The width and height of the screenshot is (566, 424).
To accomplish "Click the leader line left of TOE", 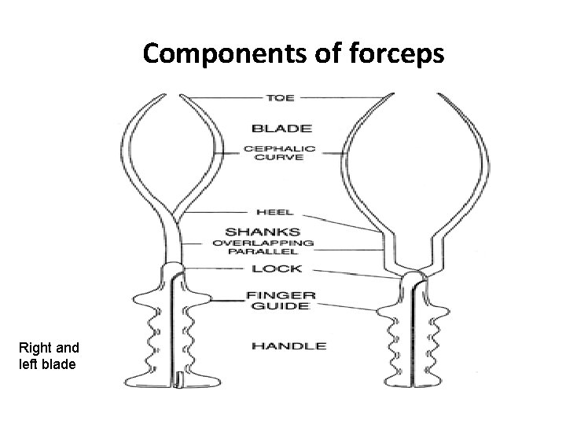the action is tap(220, 98).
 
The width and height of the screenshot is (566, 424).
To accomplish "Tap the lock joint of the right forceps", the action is tap(413, 276).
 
